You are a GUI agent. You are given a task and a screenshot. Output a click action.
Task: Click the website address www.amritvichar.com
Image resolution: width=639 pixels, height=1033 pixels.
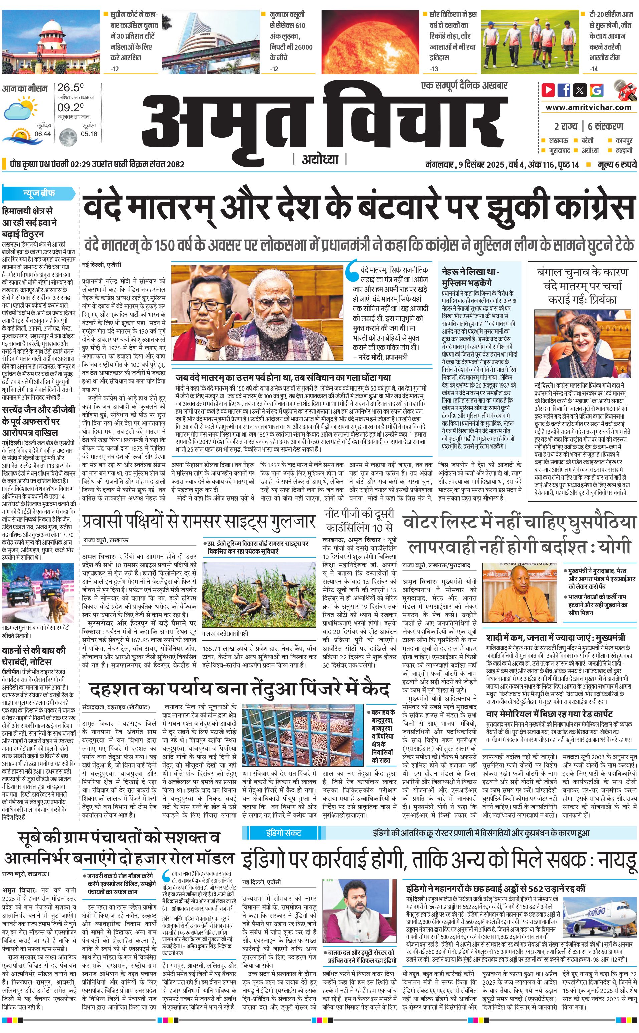click(588, 107)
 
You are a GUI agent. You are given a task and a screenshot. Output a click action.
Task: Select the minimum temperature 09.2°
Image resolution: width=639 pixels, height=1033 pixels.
click(70, 107)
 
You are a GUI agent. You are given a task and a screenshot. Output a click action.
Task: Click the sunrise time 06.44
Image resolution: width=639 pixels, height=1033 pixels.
click(43, 134)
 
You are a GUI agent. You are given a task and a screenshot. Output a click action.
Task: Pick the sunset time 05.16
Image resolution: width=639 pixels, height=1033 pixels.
click(89, 134)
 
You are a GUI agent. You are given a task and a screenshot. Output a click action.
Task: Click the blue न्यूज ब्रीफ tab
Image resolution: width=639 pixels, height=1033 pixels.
click(39, 194)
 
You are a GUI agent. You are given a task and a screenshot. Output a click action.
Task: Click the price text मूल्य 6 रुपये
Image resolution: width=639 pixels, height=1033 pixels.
click(617, 164)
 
